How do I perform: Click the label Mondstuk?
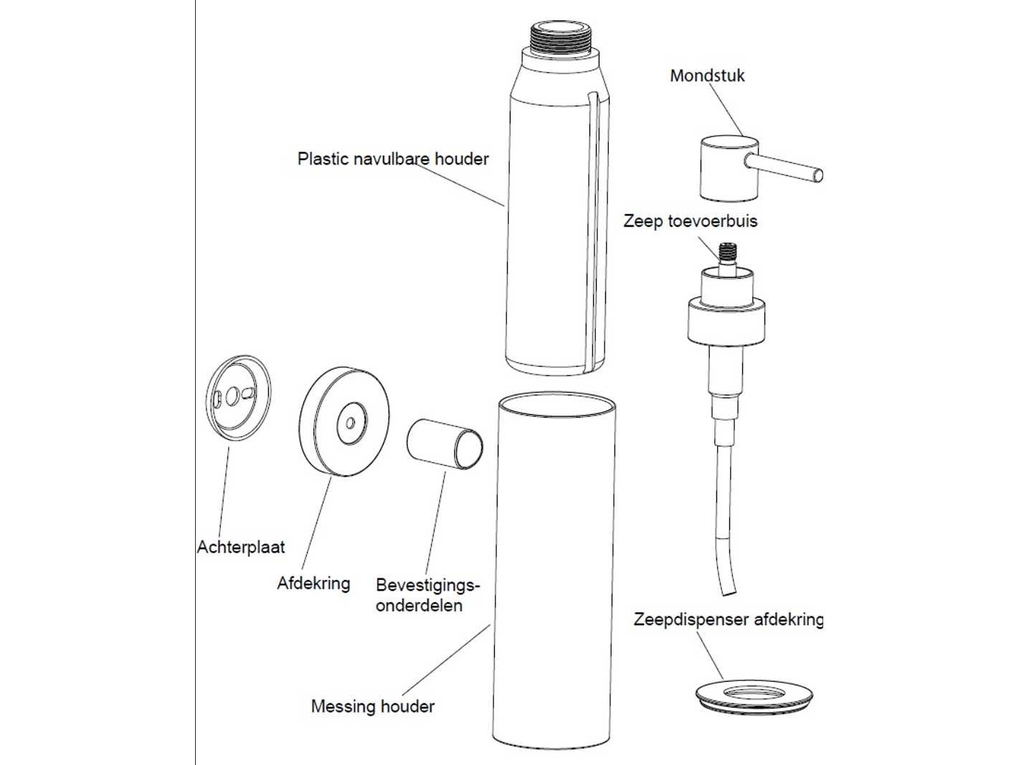tap(707, 75)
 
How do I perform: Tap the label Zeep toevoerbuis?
tap(690, 220)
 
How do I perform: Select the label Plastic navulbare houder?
tap(393, 159)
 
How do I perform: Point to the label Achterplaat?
tap(241, 547)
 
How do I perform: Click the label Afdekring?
tap(313, 583)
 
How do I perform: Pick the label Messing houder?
tap(373, 706)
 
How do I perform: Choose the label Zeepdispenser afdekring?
tap(728, 619)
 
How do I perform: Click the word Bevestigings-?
tap(427, 586)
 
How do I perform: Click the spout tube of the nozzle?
tap(784, 168)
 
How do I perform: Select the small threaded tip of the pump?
tap(726, 253)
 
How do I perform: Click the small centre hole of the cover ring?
tap(351, 423)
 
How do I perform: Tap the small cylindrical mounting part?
tap(445, 444)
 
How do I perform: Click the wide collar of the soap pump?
tap(726, 321)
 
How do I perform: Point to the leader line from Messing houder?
tap(445, 660)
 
